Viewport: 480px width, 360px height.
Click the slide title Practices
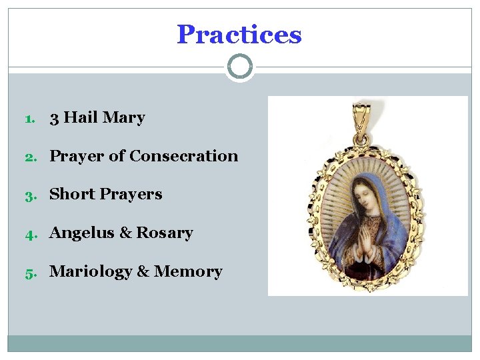click(x=239, y=35)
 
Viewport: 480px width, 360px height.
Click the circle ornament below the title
click(x=240, y=67)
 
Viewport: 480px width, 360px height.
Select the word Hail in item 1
click(x=81, y=118)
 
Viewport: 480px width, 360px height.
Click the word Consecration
click(x=183, y=156)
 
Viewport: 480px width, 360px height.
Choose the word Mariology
click(x=91, y=272)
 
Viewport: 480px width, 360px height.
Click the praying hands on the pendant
click(x=367, y=233)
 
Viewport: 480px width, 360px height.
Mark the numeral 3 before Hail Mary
click(x=54, y=119)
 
